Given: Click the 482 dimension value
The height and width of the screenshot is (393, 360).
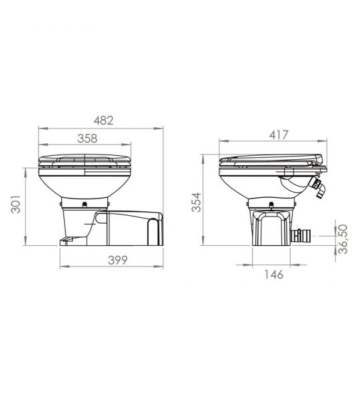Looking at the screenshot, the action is pos(103,121).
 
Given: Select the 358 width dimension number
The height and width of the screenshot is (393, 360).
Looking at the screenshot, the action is pos(87,139).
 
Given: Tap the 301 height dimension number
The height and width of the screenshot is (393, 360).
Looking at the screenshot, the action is pos(16,204).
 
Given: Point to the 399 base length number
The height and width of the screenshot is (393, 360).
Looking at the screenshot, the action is pos(117,260).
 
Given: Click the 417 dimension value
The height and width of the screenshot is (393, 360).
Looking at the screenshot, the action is pos(279,135).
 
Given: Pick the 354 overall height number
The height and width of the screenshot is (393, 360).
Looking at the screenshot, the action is pos(196,202).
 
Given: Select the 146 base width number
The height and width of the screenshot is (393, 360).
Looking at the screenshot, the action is pos(274,274).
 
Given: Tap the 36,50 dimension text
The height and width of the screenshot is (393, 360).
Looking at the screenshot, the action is pos(343,239).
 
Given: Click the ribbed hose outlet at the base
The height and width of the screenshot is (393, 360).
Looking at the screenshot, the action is pos(301,236).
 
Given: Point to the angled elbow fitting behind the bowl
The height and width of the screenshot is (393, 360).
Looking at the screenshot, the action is pos(317,188).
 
